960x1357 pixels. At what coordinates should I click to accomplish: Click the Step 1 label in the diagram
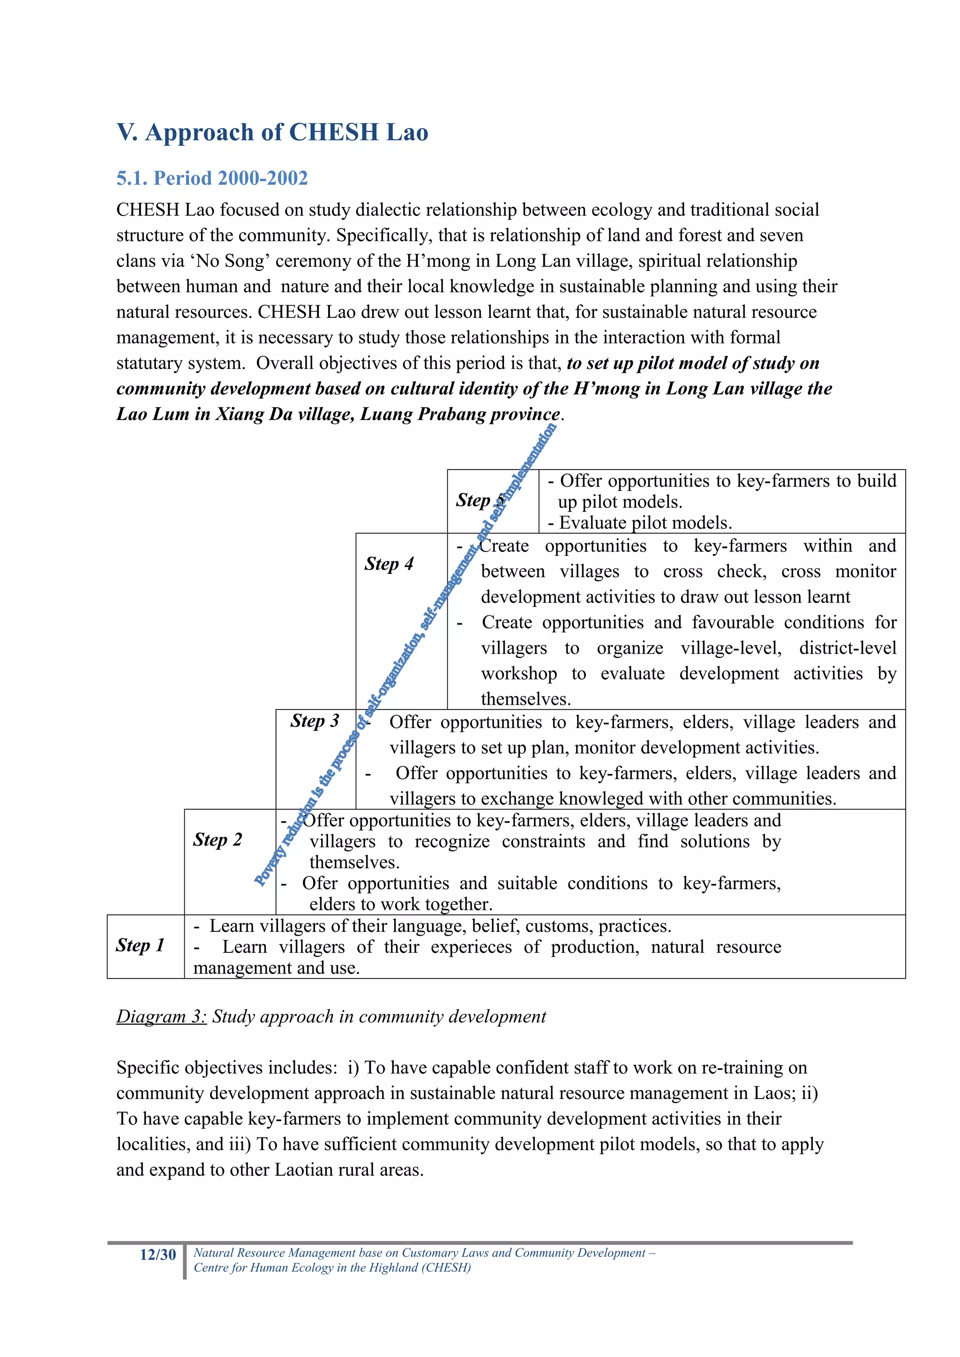pyautogui.click(x=140, y=945)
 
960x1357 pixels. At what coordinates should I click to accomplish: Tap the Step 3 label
pyautogui.click(x=314, y=721)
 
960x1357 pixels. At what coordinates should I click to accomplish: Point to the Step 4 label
pyautogui.click(x=389, y=563)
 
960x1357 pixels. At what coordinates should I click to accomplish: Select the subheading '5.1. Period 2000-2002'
pyautogui.click(x=212, y=178)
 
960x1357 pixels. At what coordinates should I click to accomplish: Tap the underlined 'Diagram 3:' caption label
pyautogui.click(x=161, y=1017)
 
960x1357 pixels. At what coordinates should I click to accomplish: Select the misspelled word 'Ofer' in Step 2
pyautogui.click(x=319, y=883)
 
